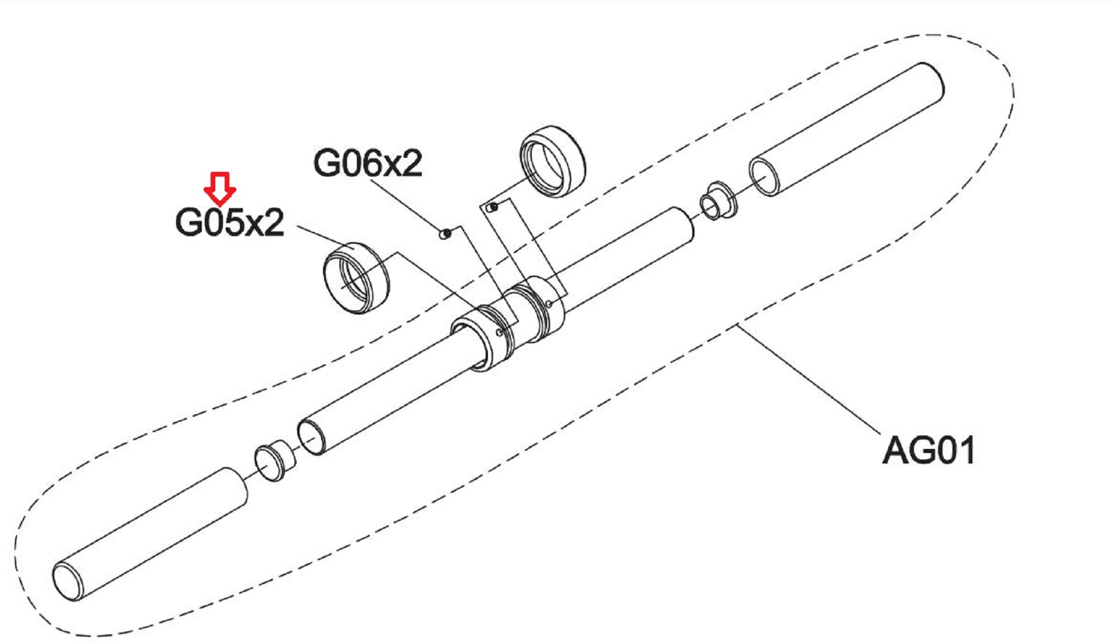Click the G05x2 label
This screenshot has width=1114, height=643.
point(229,223)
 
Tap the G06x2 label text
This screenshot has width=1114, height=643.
point(367,163)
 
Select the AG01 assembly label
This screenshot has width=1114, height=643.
point(929,451)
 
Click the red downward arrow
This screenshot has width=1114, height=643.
point(219,188)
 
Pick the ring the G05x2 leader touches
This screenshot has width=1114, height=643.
point(356,278)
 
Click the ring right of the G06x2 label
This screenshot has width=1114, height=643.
point(553,161)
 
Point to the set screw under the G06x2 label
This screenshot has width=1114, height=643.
point(446,234)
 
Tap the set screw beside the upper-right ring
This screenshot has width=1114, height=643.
point(493,206)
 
